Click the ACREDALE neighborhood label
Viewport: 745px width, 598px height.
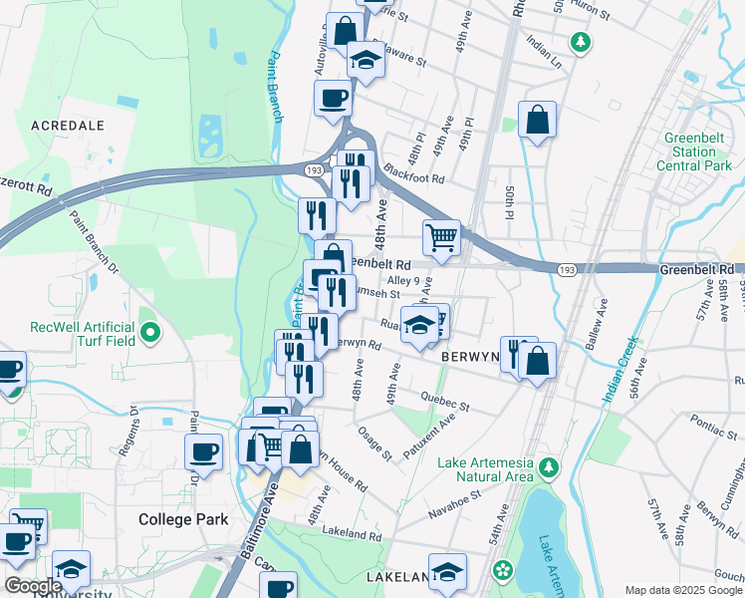point(68,126)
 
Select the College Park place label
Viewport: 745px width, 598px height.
point(183,519)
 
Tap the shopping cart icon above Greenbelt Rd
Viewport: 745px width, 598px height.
point(441,237)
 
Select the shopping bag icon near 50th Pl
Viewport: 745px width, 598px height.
point(537,120)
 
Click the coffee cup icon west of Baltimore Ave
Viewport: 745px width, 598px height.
point(204,451)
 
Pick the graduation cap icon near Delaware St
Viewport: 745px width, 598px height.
point(366,60)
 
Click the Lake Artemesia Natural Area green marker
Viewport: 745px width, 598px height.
point(548,466)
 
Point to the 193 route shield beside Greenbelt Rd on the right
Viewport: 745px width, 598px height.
point(566,269)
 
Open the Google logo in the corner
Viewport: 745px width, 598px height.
point(33,586)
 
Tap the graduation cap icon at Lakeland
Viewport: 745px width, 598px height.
point(448,571)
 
